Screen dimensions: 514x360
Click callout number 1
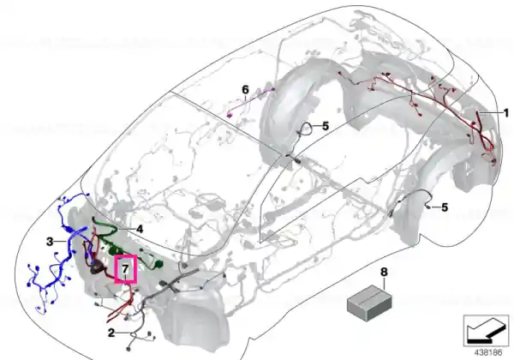pos(505,113)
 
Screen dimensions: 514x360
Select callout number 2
pos(111,333)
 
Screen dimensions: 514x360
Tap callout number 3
pos(50,242)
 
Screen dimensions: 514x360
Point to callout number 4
pos(140,229)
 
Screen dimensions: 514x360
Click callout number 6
pos(245,89)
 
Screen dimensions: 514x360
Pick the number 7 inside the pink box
pos(125,269)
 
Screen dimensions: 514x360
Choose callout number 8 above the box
pos(384,272)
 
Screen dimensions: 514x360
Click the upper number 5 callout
pos(326,126)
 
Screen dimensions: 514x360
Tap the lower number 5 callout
pos(445,207)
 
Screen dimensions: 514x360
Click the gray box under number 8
pos(369,303)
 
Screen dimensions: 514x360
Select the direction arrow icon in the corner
pos(486,331)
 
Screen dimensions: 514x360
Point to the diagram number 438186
pos(488,353)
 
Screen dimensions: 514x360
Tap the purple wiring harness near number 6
pos(251,102)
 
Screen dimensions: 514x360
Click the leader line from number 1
pos(490,113)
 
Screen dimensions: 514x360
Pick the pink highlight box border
pos(126,255)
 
